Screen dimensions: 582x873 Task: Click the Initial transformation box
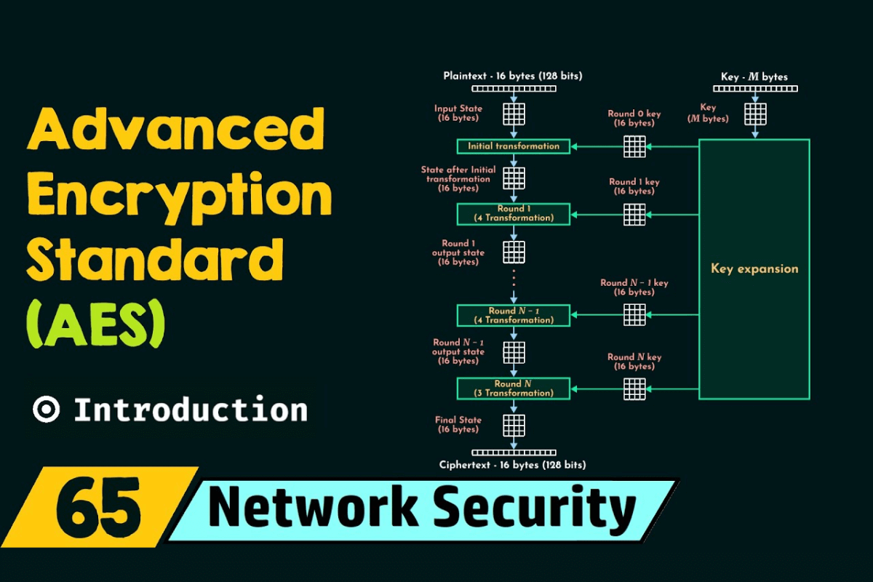click(x=514, y=146)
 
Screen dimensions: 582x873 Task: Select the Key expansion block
click(x=754, y=269)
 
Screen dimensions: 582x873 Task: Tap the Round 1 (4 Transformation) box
click(x=514, y=214)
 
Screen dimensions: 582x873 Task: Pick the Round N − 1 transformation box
click(x=514, y=316)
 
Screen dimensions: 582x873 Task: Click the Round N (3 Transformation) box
click(x=514, y=388)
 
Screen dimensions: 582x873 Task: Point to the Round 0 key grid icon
click(x=634, y=146)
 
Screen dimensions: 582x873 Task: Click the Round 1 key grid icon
click(x=634, y=214)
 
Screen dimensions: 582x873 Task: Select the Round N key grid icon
click(x=634, y=388)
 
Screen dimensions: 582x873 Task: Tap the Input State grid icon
click(x=514, y=113)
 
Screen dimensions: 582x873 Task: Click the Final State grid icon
click(x=514, y=424)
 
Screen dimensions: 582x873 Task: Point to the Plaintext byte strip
click(x=514, y=89)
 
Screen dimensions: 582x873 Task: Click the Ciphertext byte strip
click(x=514, y=452)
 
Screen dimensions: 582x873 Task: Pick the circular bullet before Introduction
click(x=46, y=410)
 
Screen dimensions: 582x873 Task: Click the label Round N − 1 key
click(x=634, y=283)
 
